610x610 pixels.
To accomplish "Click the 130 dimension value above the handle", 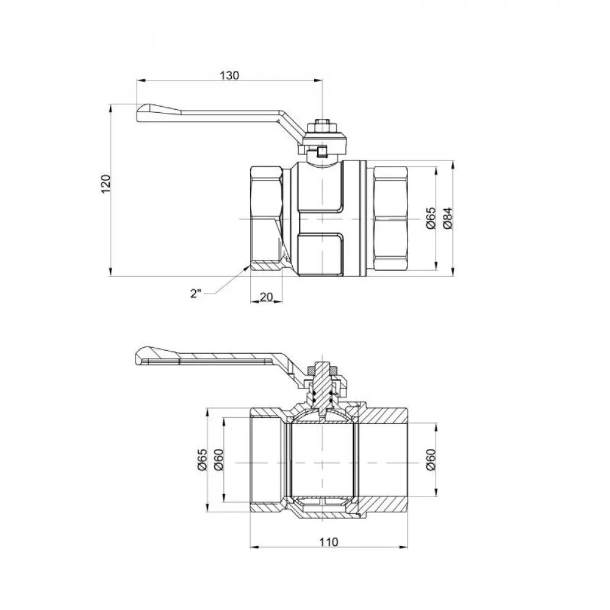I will coord(229,75).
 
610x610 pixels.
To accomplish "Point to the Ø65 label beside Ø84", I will coord(430,218).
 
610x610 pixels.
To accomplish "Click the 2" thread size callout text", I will coord(195,293).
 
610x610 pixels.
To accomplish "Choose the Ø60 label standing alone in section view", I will coord(430,459).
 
